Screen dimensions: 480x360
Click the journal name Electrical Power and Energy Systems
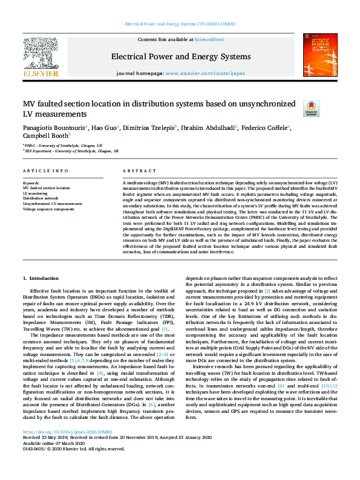[180, 57]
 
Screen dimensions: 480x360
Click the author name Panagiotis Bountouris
[54, 128]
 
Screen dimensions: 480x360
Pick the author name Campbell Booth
[45, 137]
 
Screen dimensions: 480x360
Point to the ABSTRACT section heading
[135, 171]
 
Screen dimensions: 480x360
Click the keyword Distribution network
[41, 198]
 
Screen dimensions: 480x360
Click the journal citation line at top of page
[180, 24]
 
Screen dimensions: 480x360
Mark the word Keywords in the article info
[31, 183]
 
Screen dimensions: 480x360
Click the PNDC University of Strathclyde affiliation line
[64, 146]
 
